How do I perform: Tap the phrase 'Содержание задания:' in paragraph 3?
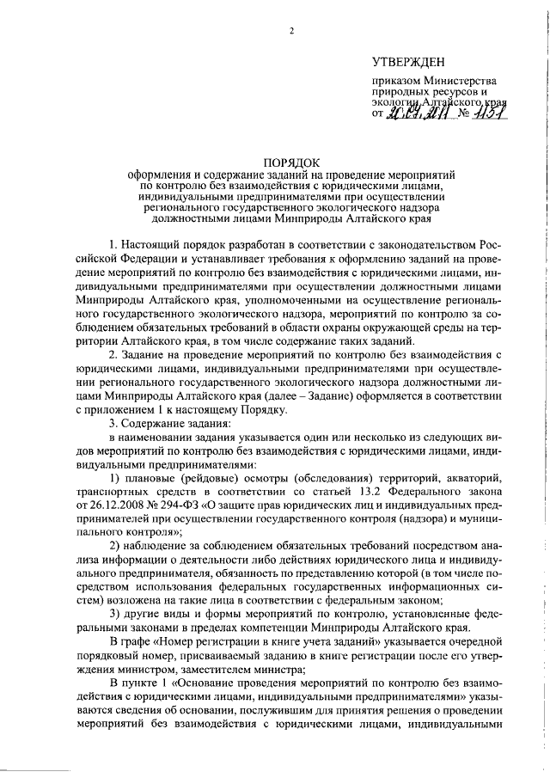coord(176,424)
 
